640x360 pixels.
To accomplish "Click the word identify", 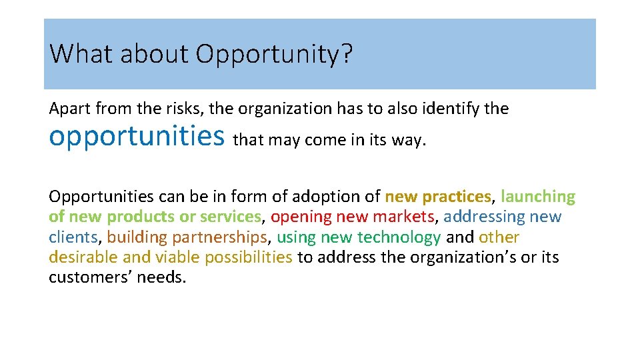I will pos(448,109).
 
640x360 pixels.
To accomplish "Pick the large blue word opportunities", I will pos(137,137).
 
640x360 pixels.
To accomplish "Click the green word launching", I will pos(538,197).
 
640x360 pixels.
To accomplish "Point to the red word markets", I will pos(403,217).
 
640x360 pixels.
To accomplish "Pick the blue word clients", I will pos(73,237).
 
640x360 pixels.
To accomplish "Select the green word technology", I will pos(399,237).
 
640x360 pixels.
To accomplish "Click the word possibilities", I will pos(248,257).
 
